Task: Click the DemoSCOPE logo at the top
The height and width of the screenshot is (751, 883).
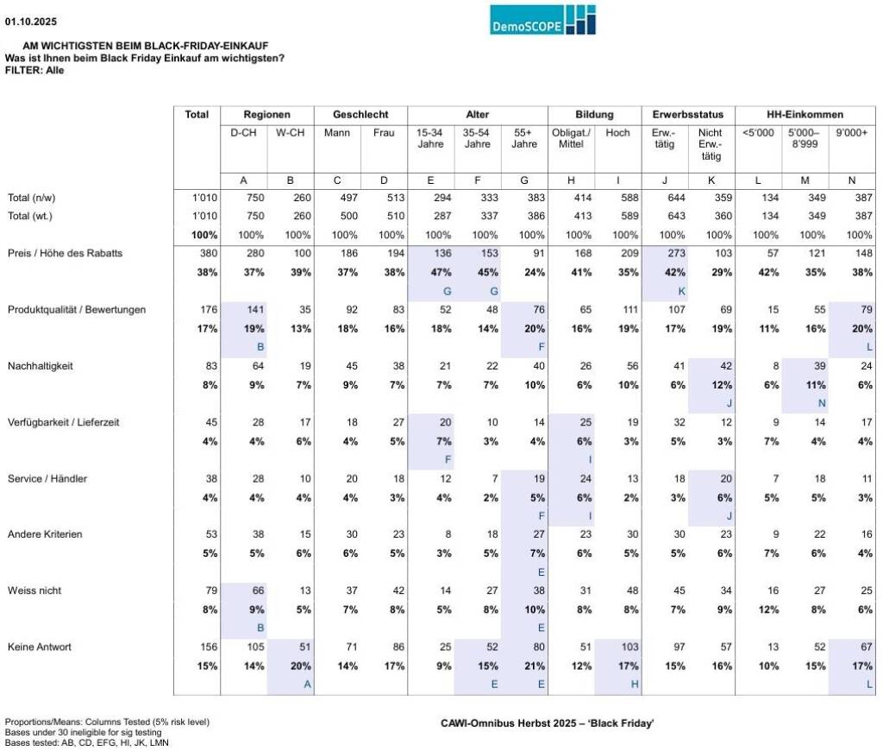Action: (542, 20)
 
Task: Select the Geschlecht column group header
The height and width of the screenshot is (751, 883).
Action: (360, 115)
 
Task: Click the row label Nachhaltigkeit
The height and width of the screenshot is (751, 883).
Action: (40, 366)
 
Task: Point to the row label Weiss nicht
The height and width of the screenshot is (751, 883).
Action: (34, 590)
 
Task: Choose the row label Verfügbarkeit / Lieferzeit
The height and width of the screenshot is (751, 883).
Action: (64, 422)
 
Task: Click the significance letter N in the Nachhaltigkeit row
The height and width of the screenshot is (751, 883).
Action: (804, 403)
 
